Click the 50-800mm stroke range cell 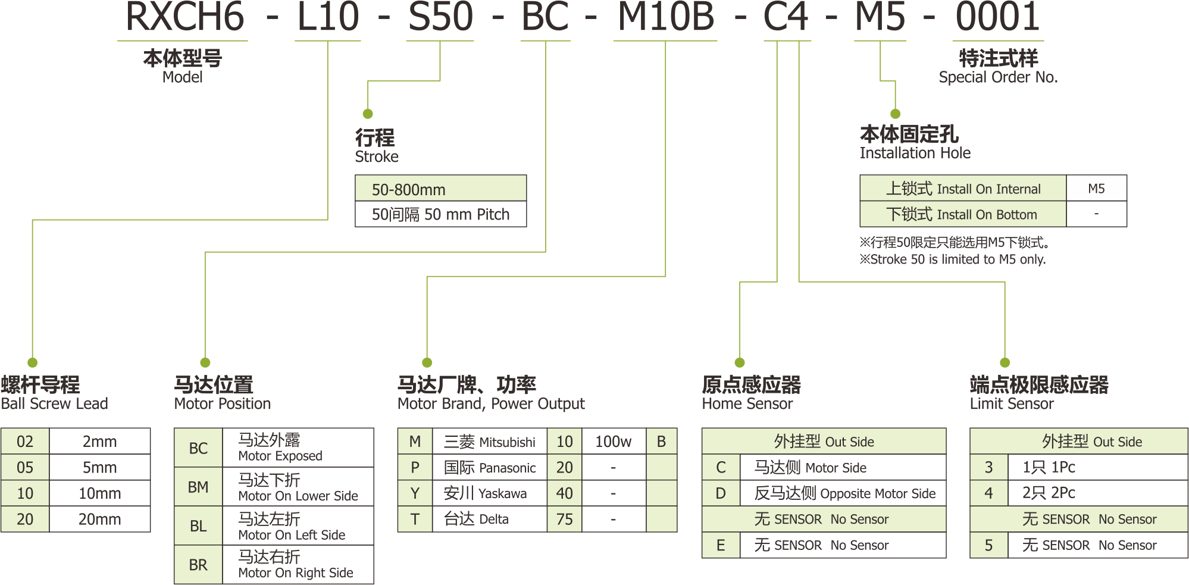[440, 189]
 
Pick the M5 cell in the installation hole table [1096, 189]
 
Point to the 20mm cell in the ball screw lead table [99, 519]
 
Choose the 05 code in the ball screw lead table [25, 467]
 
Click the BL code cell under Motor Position [198, 526]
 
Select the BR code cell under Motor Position [198, 565]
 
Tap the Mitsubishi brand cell [489, 442]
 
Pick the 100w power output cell [613, 442]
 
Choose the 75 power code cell [564, 519]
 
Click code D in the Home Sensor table [721, 493]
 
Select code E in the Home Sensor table [721, 545]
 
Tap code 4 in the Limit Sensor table [988, 493]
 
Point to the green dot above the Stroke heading [368, 114]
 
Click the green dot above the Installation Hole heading [895, 114]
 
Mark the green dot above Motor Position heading [205, 362]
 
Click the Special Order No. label [998, 77]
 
